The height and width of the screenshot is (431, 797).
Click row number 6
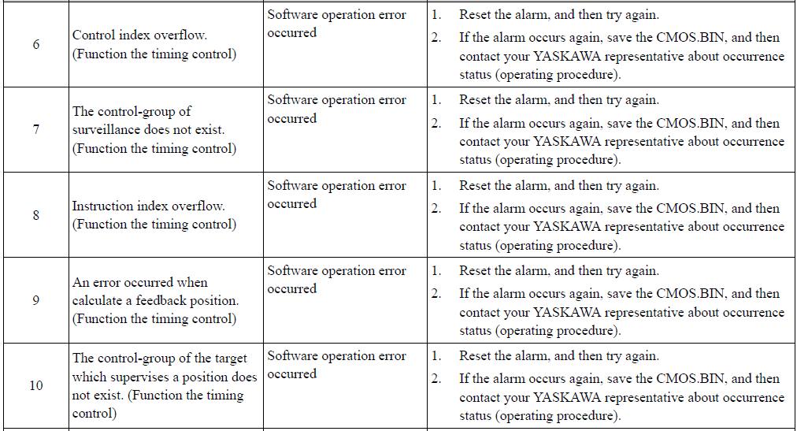[36, 44]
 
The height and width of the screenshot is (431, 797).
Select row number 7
[36, 129]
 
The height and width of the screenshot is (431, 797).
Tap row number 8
[36, 215]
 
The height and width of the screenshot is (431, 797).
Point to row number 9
[36, 300]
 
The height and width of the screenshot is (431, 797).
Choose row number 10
[36, 386]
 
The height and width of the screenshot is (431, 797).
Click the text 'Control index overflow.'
[139, 35]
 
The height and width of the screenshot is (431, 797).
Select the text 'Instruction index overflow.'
[148, 206]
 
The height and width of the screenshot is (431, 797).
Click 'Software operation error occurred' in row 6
[336, 24]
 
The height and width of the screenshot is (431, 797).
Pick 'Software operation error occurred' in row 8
[336, 195]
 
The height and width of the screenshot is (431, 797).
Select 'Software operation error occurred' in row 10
[336, 365]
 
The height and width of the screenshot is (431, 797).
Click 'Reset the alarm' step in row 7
[559, 100]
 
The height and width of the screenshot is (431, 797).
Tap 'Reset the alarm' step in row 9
[559, 271]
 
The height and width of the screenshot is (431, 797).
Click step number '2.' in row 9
[436, 294]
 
